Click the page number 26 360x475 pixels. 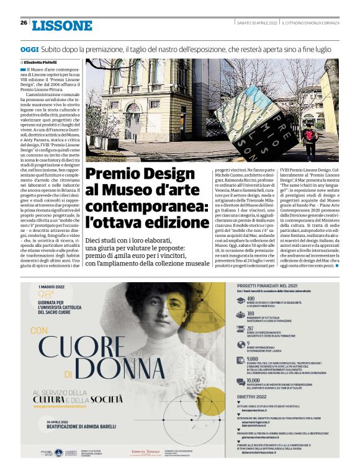click(x=24, y=23)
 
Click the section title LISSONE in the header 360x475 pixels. click(x=61, y=25)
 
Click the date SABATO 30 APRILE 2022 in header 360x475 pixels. click(x=256, y=23)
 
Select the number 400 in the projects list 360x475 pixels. click(x=252, y=299)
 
